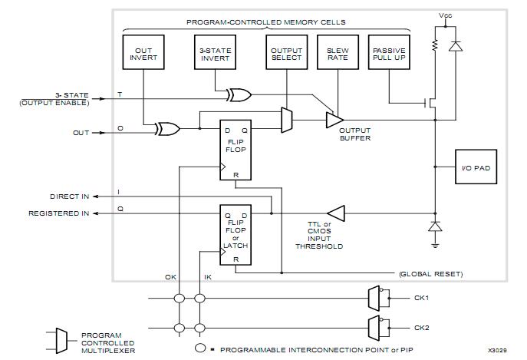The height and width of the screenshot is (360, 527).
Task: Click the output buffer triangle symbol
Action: [x=334, y=121]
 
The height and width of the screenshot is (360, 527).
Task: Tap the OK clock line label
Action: [x=171, y=278]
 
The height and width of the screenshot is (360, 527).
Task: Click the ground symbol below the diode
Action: [x=434, y=244]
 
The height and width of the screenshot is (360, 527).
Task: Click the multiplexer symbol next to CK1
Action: [x=374, y=297]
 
